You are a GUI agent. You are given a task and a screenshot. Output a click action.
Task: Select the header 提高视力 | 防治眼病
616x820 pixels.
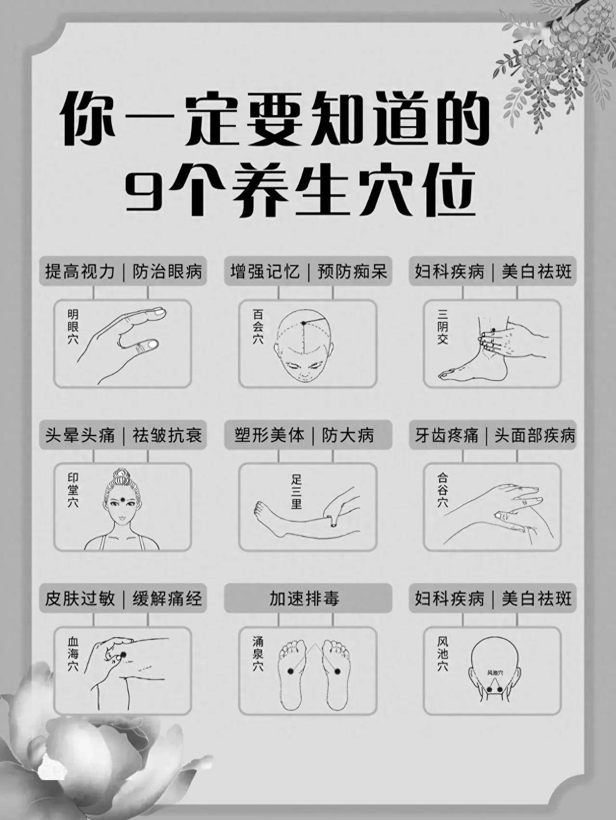pos(123,272)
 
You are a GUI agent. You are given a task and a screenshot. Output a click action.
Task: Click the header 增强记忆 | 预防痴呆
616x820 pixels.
pos(308,272)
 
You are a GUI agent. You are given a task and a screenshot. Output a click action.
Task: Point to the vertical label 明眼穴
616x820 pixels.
pos(73,327)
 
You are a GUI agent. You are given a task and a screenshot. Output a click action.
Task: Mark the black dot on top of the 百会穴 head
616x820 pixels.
pos(304,323)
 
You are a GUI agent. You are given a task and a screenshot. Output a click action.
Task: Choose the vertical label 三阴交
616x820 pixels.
pos(443,327)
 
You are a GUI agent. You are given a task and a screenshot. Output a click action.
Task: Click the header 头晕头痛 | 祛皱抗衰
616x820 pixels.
pos(123,435)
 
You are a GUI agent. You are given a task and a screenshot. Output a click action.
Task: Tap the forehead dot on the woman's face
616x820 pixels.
pos(123,499)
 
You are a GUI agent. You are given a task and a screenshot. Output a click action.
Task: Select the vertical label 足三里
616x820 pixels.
pos(296,491)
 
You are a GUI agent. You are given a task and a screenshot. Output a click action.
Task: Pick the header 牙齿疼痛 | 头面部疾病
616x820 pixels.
pos(493,435)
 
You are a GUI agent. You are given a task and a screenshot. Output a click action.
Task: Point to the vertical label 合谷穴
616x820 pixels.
pos(443,490)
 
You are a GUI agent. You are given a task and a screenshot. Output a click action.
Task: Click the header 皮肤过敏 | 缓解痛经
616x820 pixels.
pos(123,599)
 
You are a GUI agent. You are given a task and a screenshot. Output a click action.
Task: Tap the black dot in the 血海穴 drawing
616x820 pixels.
pos(123,654)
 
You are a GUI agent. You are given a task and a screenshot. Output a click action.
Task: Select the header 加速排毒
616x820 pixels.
pos(308,599)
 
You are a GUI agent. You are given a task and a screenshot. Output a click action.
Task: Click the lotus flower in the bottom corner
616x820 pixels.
pos(63,750)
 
